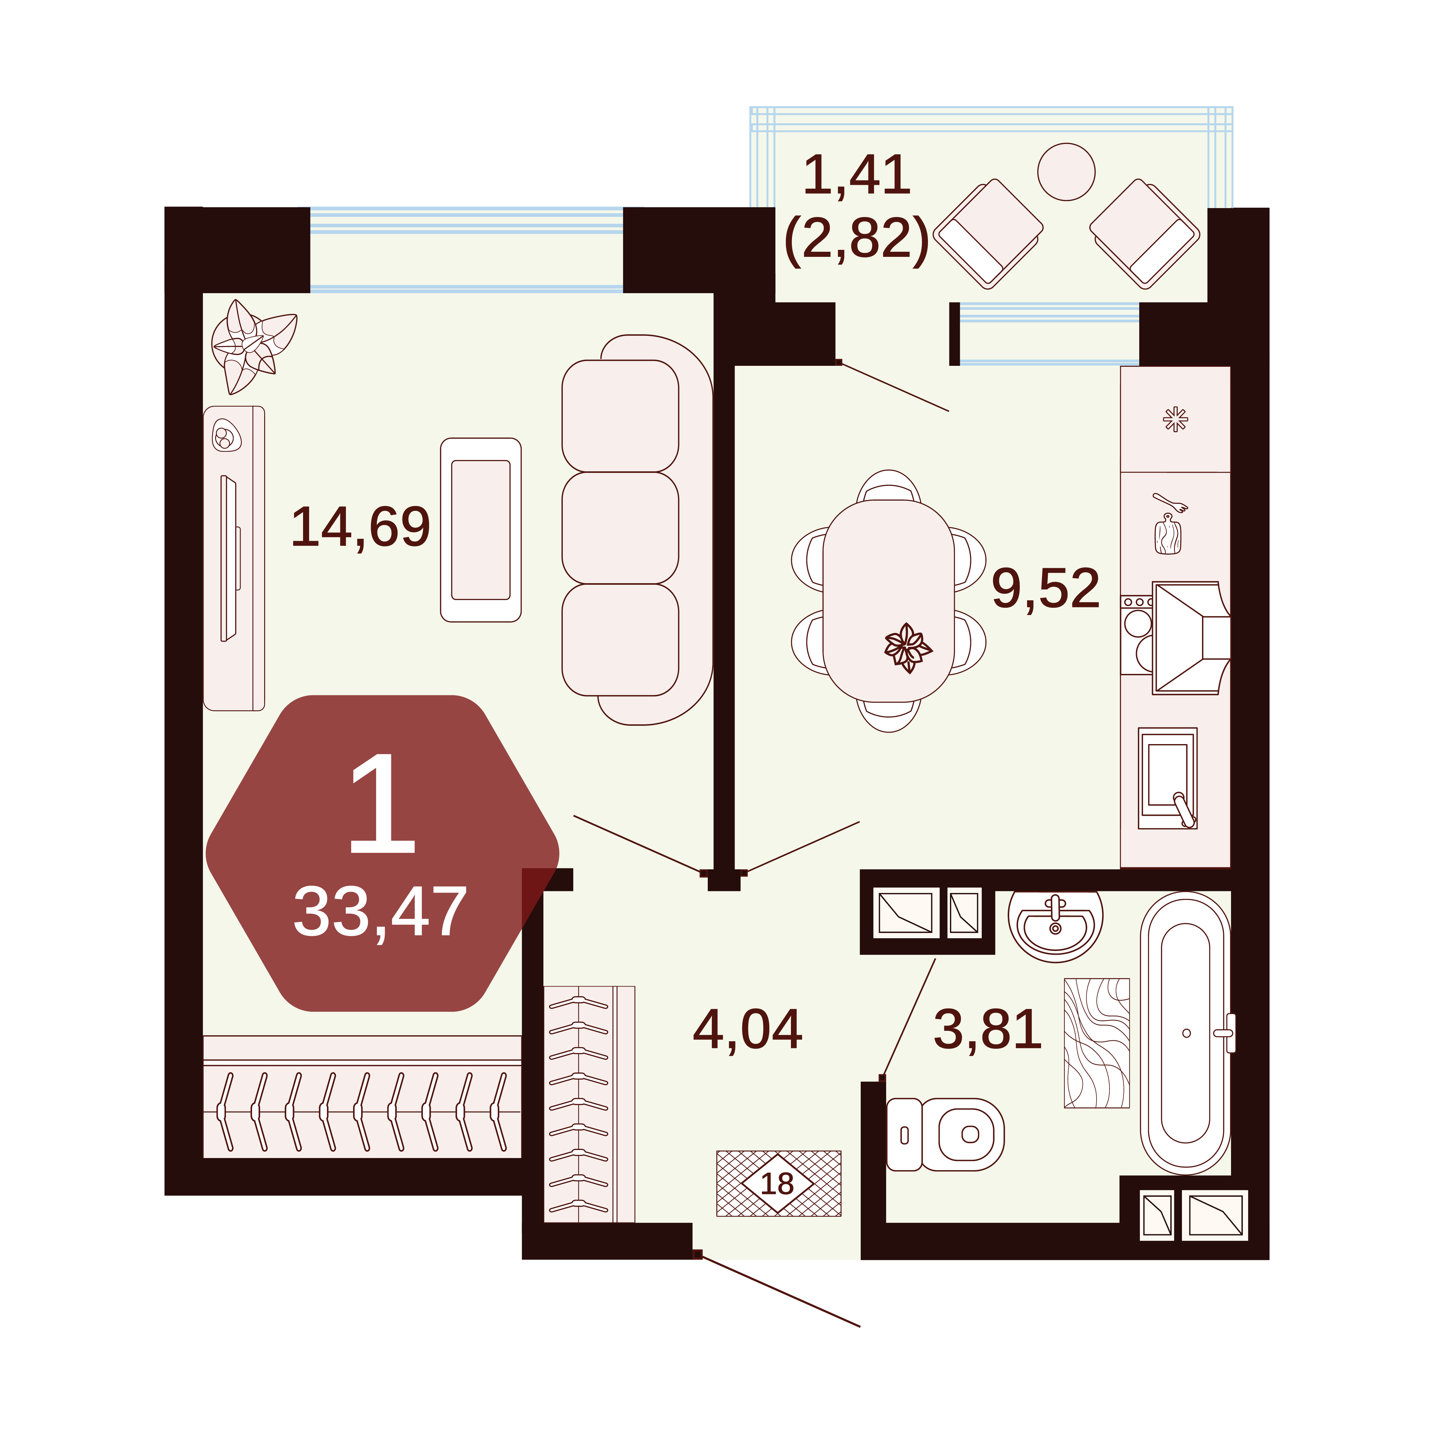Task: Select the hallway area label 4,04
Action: (x=747, y=1030)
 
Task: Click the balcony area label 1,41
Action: (x=857, y=175)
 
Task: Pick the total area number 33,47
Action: (x=380, y=912)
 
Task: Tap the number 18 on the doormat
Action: (x=777, y=1183)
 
